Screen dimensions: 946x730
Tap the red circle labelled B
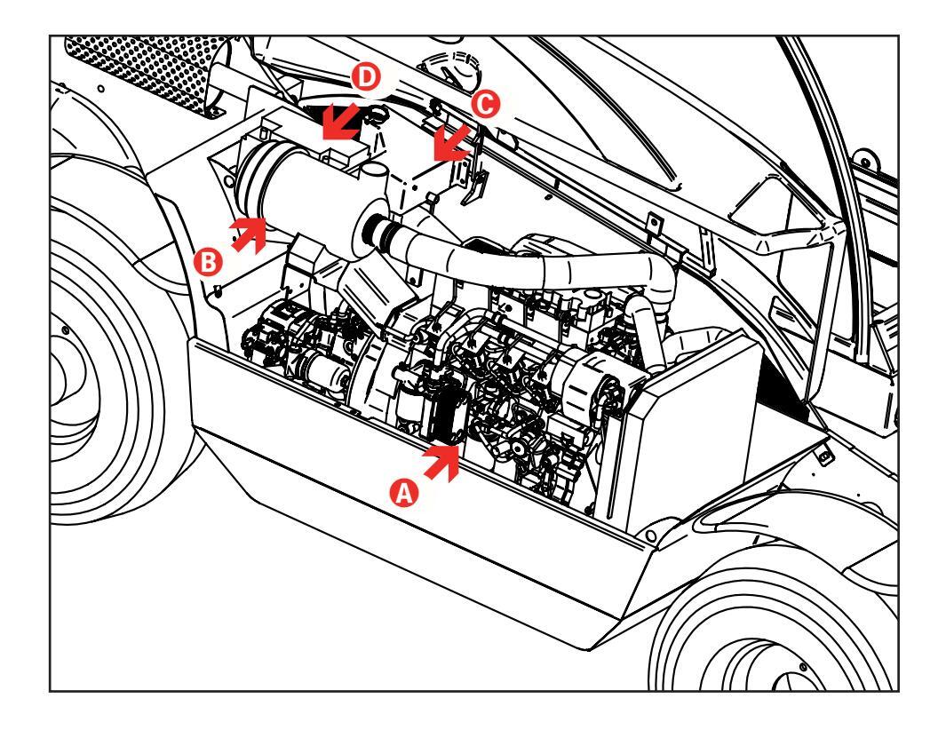pos(208,263)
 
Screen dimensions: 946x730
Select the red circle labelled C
pos(485,104)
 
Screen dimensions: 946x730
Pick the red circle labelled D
pos(366,77)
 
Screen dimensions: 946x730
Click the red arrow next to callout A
pos(443,462)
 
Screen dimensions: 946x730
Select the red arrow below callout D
pos(339,122)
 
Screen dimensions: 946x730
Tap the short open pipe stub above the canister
pos(374,172)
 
